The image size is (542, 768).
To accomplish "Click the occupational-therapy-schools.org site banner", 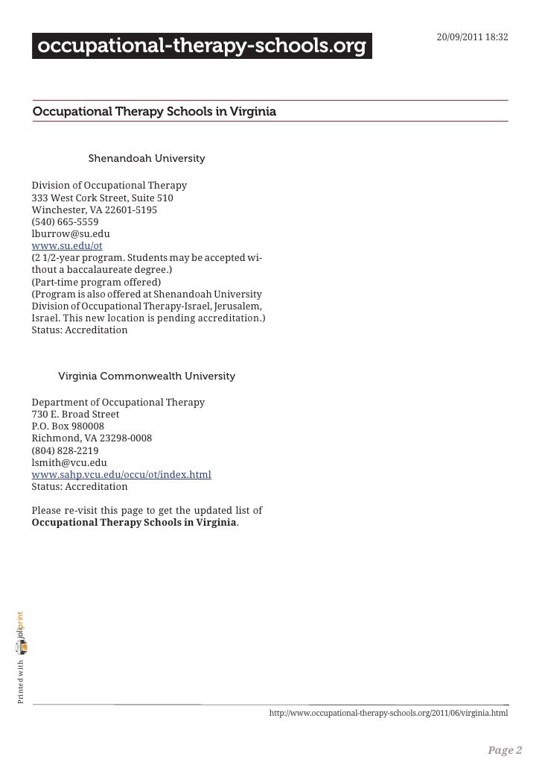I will pyautogui.click(x=202, y=48).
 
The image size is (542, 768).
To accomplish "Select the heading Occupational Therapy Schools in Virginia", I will pyautogui.click(x=154, y=112).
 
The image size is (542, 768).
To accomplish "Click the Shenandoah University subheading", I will pyautogui.click(x=147, y=159).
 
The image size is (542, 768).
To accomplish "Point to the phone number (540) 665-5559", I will pyautogui.click(x=65, y=221).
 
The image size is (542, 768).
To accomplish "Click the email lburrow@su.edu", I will pyautogui.click(x=71, y=233).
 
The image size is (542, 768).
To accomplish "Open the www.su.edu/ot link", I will pyautogui.click(x=67, y=245).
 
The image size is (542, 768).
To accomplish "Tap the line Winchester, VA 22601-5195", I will pyautogui.click(x=94, y=210).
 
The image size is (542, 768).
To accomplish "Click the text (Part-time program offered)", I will pyautogui.click(x=96, y=282).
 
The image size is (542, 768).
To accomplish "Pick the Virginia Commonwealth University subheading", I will pyautogui.click(x=147, y=376).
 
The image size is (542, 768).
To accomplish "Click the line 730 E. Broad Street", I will pyautogui.click(x=75, y=414).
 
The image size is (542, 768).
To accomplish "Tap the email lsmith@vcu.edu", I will pyautogui.click(x=69, y=462).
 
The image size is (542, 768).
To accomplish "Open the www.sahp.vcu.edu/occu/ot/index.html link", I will pyautogui.click(x=121, y=474).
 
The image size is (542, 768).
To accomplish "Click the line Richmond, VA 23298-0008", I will pyautogui.click(x=92, y=438).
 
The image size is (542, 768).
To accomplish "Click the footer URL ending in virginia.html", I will pyautogui.click(x=389, y=714).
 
